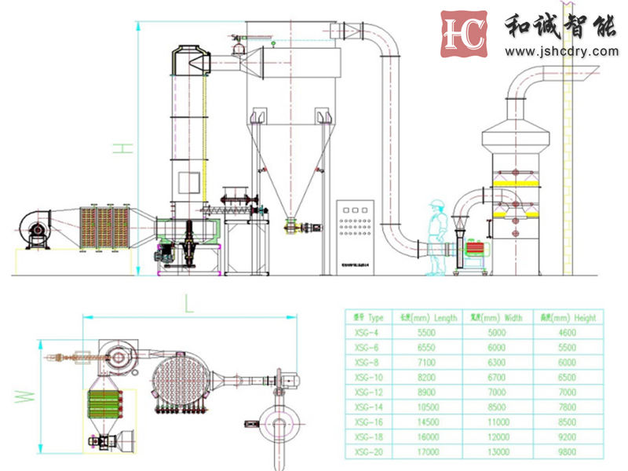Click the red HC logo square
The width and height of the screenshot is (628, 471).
click(x=464, y=34)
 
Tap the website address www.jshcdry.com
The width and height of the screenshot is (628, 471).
click(x=561, y=52)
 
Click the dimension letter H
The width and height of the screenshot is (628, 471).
click(x=120, y=149)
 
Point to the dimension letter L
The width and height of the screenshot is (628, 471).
click(x=188, y=303)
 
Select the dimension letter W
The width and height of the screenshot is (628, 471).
click(x=27, y=392)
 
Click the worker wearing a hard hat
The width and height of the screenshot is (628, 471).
click(x=436, y=236)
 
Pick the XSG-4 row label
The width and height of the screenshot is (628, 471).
click(x=366, y=333)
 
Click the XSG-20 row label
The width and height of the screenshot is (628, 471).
click(x=367, y=452)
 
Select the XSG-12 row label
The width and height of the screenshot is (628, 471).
click(x=367, y=392)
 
